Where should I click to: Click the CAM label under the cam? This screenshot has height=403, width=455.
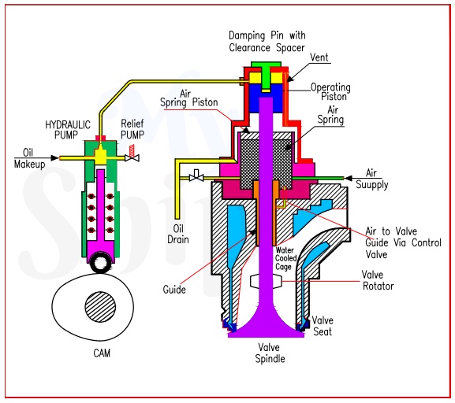pos(100,353)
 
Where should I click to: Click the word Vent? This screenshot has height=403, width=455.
pos(319,57)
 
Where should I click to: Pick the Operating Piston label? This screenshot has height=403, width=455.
pos(330,91)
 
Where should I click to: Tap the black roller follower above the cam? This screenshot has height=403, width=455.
pos(101,259)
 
